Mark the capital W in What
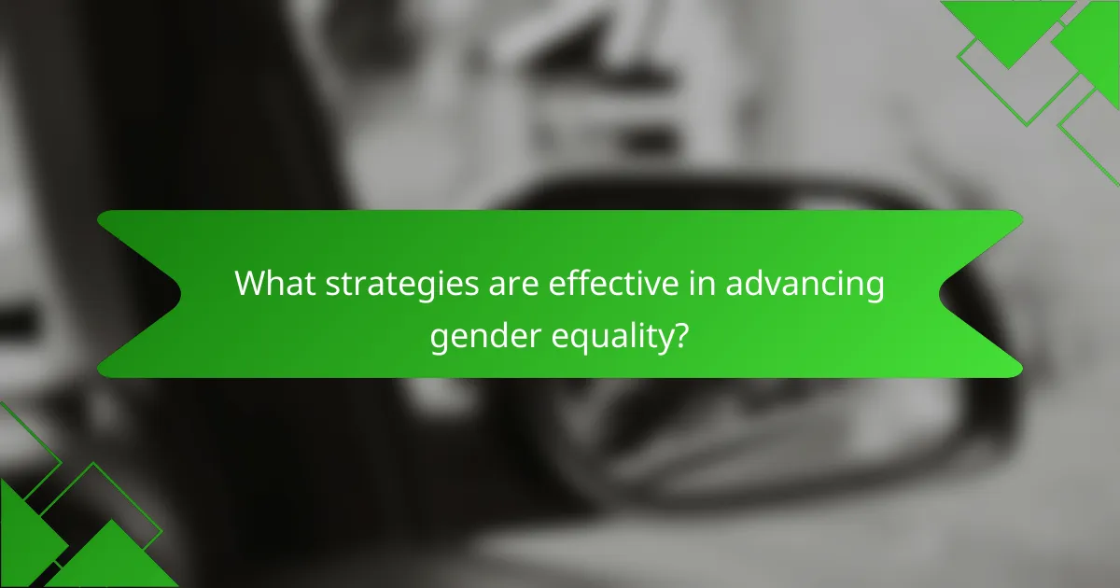tap(250, 283)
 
